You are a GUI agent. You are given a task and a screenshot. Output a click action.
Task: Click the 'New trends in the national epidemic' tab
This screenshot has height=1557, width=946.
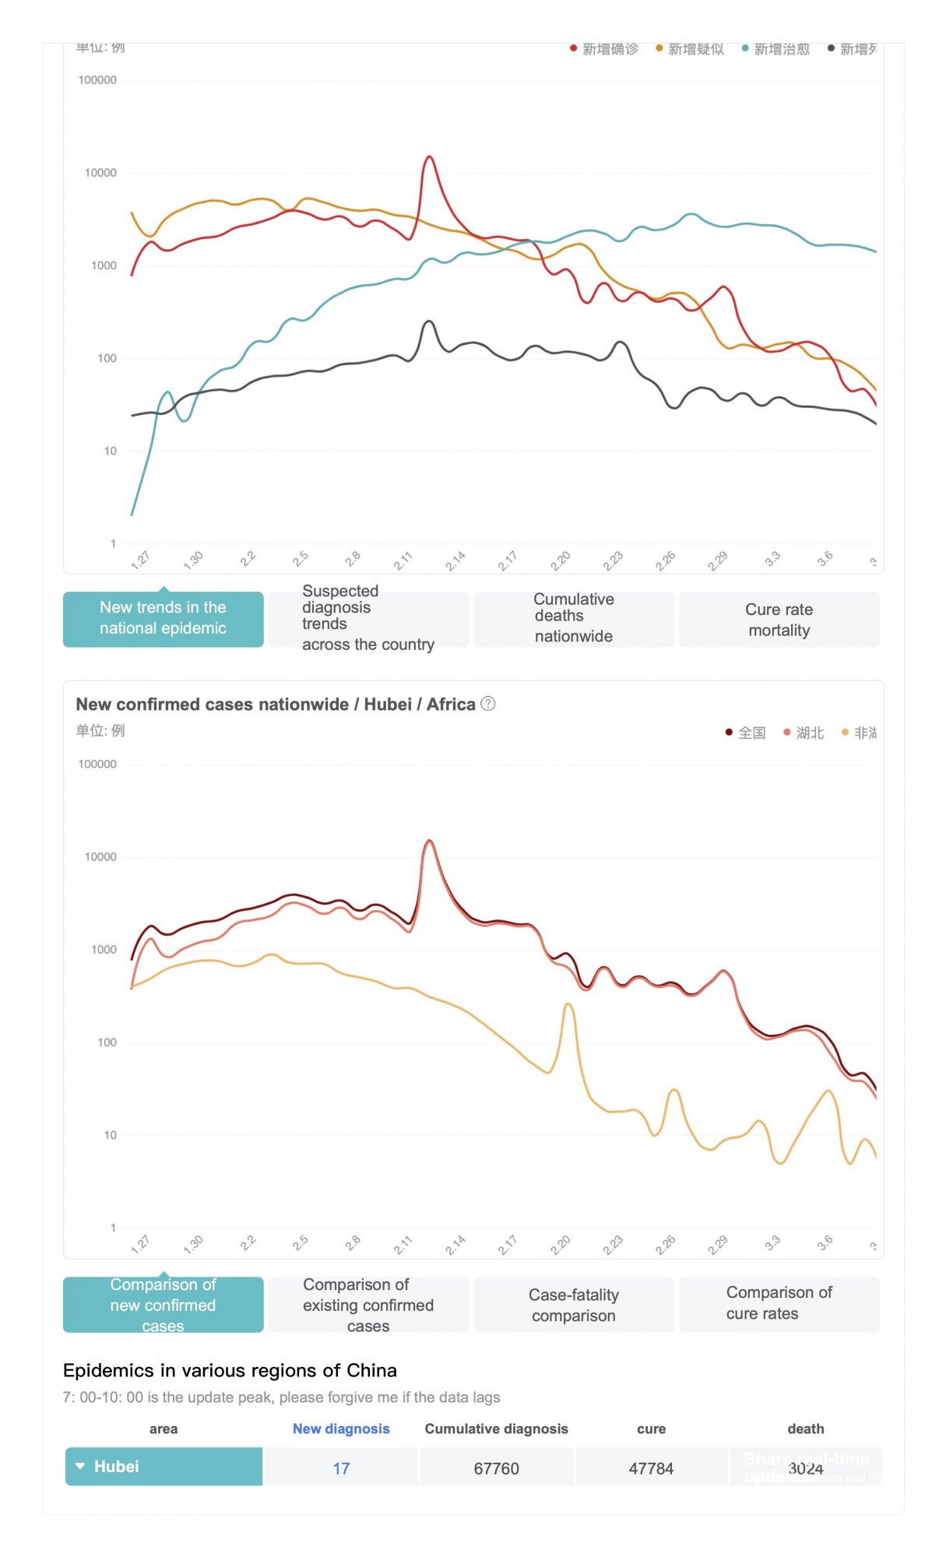pyautogui.click(x=163, y=619)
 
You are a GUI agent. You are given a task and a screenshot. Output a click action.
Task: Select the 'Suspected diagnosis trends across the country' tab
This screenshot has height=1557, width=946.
pyautogui.click(x=368, y=619)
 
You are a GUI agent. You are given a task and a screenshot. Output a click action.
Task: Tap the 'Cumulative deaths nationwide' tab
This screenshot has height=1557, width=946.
pyautogui.click(x=574, y=619)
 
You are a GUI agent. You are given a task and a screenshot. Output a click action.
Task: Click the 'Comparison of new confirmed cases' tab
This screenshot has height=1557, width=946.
pyautogui.click(x=163, y=1305)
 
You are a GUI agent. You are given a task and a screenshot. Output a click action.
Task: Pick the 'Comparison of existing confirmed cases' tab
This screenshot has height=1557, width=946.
pyautogui.click(x=368, y=1305)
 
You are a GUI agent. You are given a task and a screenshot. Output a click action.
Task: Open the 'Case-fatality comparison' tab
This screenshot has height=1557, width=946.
pyautogui.click(x=574, y=1305)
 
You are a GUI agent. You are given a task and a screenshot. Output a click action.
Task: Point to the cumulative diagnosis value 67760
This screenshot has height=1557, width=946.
pyautogui.click(x=496, y=1468)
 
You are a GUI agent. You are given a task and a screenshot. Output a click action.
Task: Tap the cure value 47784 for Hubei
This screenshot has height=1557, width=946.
pyautogui.click(x=651, y=1468)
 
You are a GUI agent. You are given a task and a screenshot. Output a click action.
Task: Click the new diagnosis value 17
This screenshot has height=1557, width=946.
pyautogui.click(x=341, y=1468)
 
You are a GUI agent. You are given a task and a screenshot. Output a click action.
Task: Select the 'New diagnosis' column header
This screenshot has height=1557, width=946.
pyautogui.click(x=341, y=1429)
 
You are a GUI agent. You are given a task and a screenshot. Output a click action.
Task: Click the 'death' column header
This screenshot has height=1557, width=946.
pyautogui.click(x=805, y=1429)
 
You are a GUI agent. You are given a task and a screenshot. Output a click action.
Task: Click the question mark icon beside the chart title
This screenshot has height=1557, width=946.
pyautogui.click(x=488, y=704)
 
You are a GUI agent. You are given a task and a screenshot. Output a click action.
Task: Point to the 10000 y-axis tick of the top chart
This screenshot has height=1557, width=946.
pyautogui.click(x=100, y=173)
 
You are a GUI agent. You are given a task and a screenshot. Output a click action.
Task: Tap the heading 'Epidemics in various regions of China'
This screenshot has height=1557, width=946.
pyautogui.click(x=230, y=1370)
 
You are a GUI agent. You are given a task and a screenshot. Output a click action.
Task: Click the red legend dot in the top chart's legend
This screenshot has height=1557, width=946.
pyautogui.click(x=574, y=49)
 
